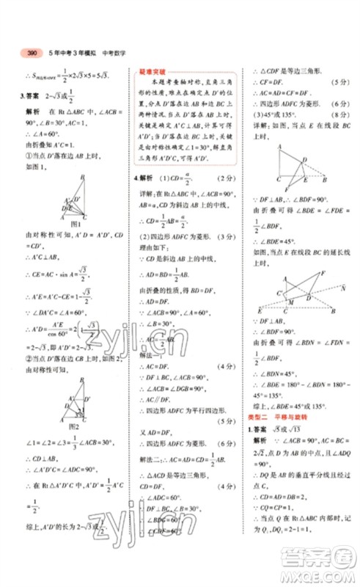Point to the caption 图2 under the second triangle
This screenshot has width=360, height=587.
(72, 426)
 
